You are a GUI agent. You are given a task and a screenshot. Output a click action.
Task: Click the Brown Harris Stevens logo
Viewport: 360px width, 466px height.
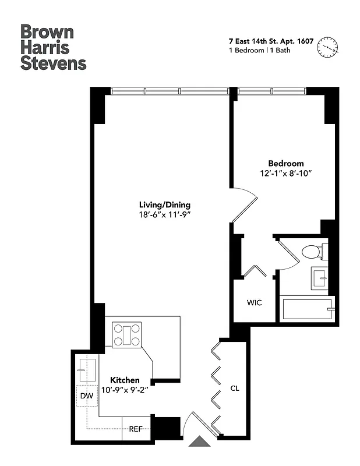pyautogui.click(x=53, y=47)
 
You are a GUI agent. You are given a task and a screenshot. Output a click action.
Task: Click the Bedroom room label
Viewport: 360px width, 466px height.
pyautogui.click(x=285, y=164)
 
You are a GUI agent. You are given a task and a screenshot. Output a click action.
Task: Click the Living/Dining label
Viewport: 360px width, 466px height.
pyautogui.click(x=164, y=205)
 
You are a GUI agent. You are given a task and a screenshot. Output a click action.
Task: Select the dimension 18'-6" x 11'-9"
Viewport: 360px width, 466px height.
pyautogui.click(x=164, y=215)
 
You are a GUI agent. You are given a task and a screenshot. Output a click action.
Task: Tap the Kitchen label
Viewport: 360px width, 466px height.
pyautogui.click(x=125, y=380)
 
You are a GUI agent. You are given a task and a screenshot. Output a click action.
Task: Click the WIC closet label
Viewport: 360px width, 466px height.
pyautogui.click(x=254, y=303)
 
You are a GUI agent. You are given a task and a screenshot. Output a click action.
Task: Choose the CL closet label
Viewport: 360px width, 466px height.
pyautogui.click(x=234, y=388)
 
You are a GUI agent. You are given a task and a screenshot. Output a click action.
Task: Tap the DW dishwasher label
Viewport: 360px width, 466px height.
pyautogui.click(x=87, y=397)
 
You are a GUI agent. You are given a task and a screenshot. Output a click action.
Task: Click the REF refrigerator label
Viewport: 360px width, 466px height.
pyautogui.click(x=136, y=429)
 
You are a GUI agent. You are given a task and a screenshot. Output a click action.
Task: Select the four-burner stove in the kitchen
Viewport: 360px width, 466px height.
pyautogui.click(x=127, y=335)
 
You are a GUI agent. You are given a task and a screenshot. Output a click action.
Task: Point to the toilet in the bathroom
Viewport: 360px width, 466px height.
pyautogui.click(x=312, y=252)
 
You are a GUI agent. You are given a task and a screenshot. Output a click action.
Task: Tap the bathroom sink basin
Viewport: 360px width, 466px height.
pyautogui.click(x=319, y=277)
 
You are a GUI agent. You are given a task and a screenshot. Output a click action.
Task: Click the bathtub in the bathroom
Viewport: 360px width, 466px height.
pyautogui.click(x=308, y=309)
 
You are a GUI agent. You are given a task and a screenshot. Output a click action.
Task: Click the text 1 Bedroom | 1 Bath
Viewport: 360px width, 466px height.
pyautogui.click(x=259, y=50)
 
